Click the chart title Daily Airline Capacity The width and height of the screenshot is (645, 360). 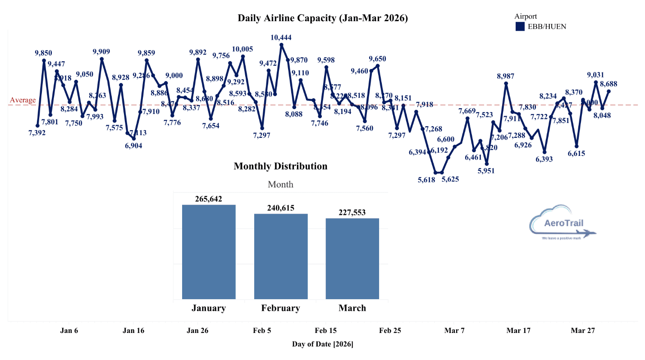tap(322, 18)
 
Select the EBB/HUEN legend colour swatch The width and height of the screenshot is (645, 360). tap(520, 27)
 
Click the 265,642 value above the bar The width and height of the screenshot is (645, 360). tap(209, 199)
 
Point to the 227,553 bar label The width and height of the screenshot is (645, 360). tap(352, 213)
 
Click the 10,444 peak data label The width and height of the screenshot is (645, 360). tap(281, 38)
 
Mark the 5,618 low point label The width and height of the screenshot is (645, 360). tap(426, 179)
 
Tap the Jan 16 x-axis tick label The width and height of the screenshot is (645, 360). tap(133, 331)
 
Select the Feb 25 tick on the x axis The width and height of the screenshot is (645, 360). tap(390, 331)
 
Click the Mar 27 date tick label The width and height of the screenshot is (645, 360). tap(583, 331)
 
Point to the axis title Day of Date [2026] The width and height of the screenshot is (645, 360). tap(322, 345)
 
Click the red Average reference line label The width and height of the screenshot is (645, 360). tap(23, 100)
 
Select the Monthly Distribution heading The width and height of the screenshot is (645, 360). tap(280, 166)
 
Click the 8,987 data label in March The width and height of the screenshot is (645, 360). tap(506, 76)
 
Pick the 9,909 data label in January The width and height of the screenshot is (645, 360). tap(101, 52)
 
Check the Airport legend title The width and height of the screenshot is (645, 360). tap(526, 17)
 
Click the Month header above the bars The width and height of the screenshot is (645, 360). tap(280, 184)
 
